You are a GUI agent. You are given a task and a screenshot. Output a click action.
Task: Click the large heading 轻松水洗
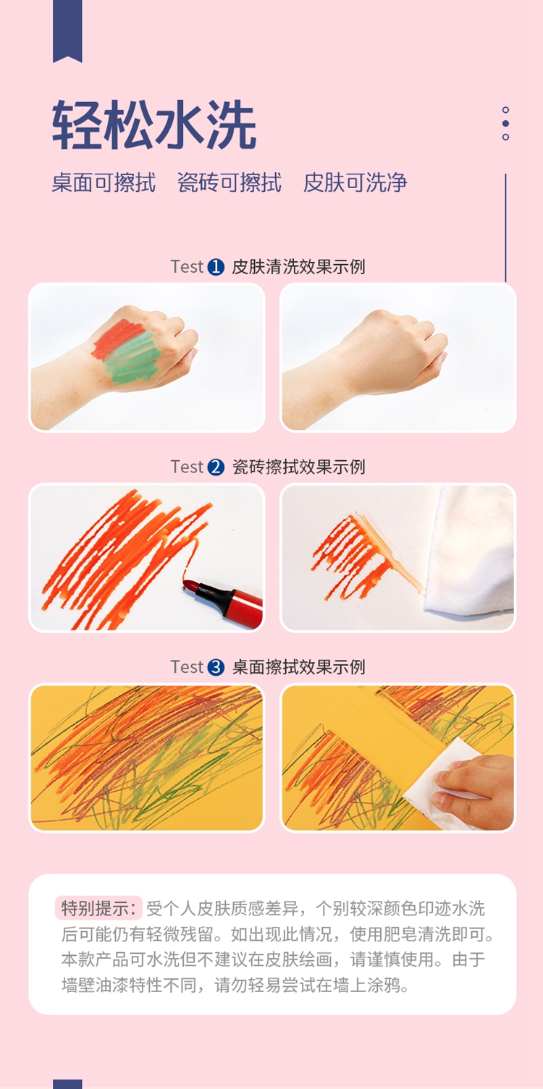[154, 125]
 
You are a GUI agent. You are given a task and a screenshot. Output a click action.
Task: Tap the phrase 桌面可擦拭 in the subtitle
[104, 183]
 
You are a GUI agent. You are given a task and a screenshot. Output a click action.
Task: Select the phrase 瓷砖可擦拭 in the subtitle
[230, 183]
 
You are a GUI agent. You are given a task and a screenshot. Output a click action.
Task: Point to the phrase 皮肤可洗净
[355, 183]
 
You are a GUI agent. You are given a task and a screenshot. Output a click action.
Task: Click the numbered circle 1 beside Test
[216, 267]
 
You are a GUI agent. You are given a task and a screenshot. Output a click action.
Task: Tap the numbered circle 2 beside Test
[216, 467]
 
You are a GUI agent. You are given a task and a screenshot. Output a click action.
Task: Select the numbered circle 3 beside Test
[216, 667]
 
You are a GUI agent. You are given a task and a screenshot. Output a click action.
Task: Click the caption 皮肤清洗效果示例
[298, 267]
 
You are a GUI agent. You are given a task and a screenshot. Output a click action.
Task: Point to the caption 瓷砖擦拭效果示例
[298, 467]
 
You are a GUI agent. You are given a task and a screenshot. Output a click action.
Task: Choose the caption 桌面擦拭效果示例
[298, 667]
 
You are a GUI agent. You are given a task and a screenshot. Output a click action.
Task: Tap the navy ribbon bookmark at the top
[67, 30]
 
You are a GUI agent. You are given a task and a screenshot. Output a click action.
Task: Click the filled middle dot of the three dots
[505, 124]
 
